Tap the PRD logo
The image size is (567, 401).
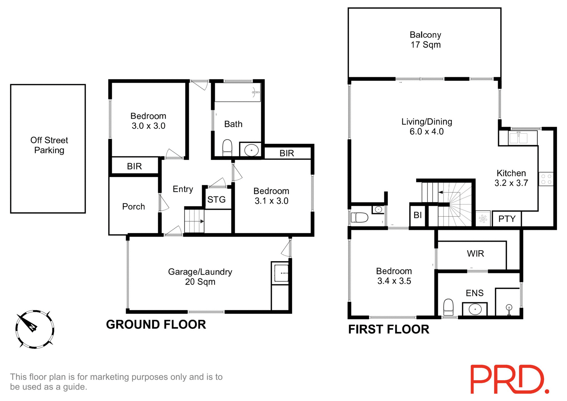[x=509, y=379]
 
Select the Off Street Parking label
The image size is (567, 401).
[x=49, y=145]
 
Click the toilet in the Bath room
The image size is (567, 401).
[x=227, y=147]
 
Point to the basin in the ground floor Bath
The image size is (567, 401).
[x=251, y=150]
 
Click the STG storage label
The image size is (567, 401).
[x=216, y=200]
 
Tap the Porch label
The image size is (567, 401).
[x=133, y=206]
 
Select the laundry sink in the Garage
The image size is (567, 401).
[x=281, y=273]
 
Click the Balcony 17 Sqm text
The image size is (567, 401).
[x=425, y=40]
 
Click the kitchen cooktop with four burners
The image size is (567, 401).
[x=546, y=179]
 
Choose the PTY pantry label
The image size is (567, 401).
[x=507, y=219]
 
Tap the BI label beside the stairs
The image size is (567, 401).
[x=418, y=215]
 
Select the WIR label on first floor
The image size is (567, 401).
[x=475, y=253]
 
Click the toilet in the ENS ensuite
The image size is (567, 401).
[x=448, y=307]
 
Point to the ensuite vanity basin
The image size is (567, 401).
[x=475, y=309]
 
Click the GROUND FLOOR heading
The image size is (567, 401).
[x=156, y=325]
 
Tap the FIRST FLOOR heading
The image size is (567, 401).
[x=389, y=329]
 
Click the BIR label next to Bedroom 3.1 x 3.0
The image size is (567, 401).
[x=287, y=153]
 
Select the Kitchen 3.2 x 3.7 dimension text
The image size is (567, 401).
[x=511, y=178]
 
